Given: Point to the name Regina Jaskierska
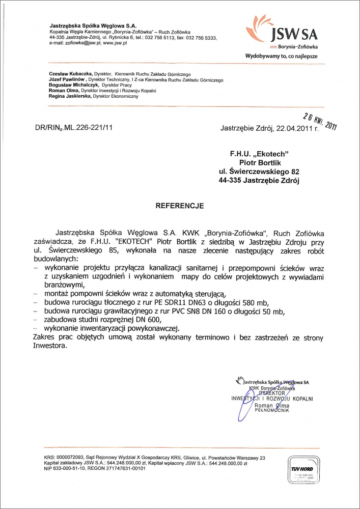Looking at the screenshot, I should tap(67, 96).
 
